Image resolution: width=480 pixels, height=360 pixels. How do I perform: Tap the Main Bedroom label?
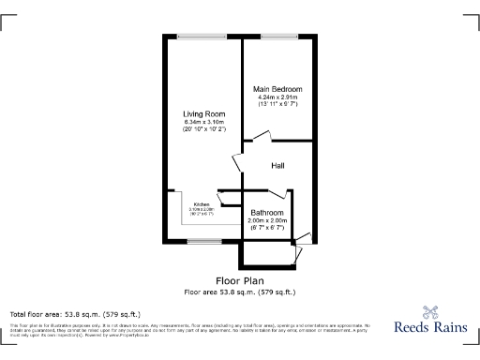click(277, 89)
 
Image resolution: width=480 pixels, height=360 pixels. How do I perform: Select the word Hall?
click(277, 166)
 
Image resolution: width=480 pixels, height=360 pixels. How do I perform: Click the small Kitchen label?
click(201, 203)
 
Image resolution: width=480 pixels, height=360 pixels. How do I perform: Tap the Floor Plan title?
click(240, 280)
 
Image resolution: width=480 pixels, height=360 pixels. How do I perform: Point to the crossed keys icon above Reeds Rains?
click(430, 312)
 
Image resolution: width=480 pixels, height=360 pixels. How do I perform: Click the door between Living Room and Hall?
click(239, 161)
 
